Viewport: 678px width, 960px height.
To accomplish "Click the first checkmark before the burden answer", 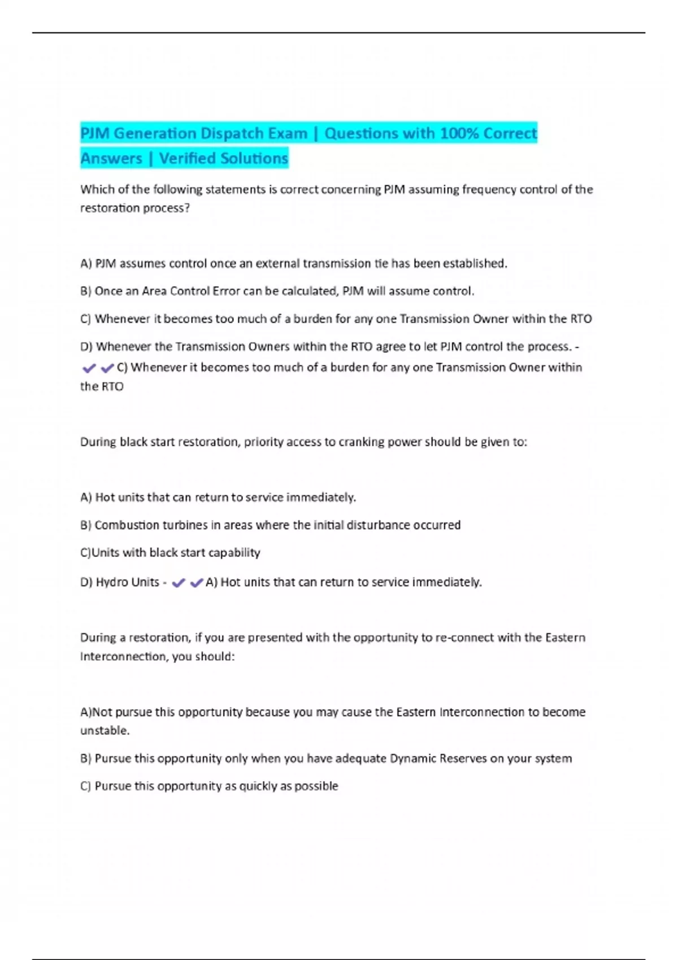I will [x=89, y=368].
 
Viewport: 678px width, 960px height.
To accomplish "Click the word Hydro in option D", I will [x=111, y=582].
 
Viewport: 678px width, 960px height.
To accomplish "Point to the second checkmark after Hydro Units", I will [x=197, y=583].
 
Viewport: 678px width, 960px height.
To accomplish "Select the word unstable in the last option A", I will [x=103, y=731].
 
